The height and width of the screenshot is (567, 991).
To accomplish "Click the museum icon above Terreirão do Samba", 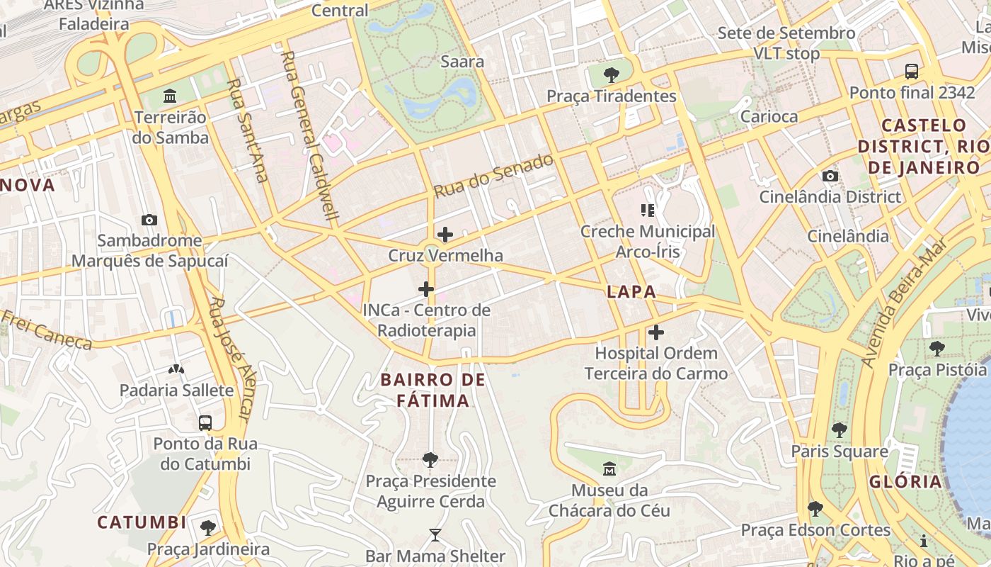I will pos(170,96).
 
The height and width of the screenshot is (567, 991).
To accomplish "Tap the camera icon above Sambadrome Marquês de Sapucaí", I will pos(149,220).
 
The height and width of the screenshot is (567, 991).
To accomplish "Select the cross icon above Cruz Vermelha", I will pos(445,235).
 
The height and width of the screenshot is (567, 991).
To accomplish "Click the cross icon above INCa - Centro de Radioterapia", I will pos(426,289).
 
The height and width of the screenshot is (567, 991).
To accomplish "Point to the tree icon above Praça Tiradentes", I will pos(611,74).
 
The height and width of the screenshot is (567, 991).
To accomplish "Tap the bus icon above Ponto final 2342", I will pos(912,71).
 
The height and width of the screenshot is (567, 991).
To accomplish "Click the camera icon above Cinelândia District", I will pos(830,176).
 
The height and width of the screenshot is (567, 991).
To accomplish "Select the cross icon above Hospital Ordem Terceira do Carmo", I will pos(656,332).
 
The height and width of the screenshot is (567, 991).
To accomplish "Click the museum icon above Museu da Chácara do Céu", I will pos(609,468).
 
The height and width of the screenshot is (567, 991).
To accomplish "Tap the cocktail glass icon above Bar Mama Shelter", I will pos(435,535).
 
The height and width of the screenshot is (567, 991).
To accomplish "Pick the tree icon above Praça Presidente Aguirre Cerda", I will pos(430,460).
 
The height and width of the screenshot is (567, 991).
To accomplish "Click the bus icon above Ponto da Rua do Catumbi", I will pos(205,423).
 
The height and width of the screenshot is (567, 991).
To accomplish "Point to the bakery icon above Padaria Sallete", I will pos(176,369).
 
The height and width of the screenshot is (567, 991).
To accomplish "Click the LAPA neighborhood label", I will pos(631,291).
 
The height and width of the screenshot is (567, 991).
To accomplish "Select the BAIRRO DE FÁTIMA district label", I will pos(433,390).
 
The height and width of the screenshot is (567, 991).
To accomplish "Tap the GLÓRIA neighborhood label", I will pos(906,482).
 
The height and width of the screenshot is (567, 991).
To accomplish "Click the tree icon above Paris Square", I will pos(840,430).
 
